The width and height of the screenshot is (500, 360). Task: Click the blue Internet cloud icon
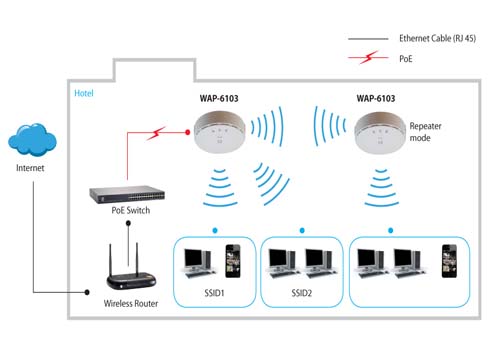[32, 139]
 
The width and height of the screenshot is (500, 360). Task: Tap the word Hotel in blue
[84, 93]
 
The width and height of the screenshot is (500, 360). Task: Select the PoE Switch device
[127, 194]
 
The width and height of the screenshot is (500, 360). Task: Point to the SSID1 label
[214, 293]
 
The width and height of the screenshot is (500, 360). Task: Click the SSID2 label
[302, 293]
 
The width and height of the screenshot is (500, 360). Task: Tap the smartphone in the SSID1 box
[233, 261]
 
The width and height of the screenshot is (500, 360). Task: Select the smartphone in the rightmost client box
[449, 261]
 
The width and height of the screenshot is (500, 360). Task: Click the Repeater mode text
[425, 132]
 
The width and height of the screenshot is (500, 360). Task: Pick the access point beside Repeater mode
[379, 133]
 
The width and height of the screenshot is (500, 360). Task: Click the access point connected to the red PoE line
[219, 133]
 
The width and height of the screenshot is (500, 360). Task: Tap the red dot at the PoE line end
[188, 132]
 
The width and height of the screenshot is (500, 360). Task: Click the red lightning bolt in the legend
[369, 57]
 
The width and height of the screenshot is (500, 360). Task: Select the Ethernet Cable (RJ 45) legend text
[437, 38]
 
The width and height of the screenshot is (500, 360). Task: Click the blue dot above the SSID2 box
[302, 230]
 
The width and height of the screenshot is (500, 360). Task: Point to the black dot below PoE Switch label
[128, 223]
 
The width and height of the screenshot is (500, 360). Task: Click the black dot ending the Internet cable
[87, 292]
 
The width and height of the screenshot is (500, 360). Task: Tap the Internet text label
[30, 168]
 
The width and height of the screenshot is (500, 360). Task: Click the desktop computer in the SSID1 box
[199, 263]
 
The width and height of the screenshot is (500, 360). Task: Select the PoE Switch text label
[131, 210]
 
